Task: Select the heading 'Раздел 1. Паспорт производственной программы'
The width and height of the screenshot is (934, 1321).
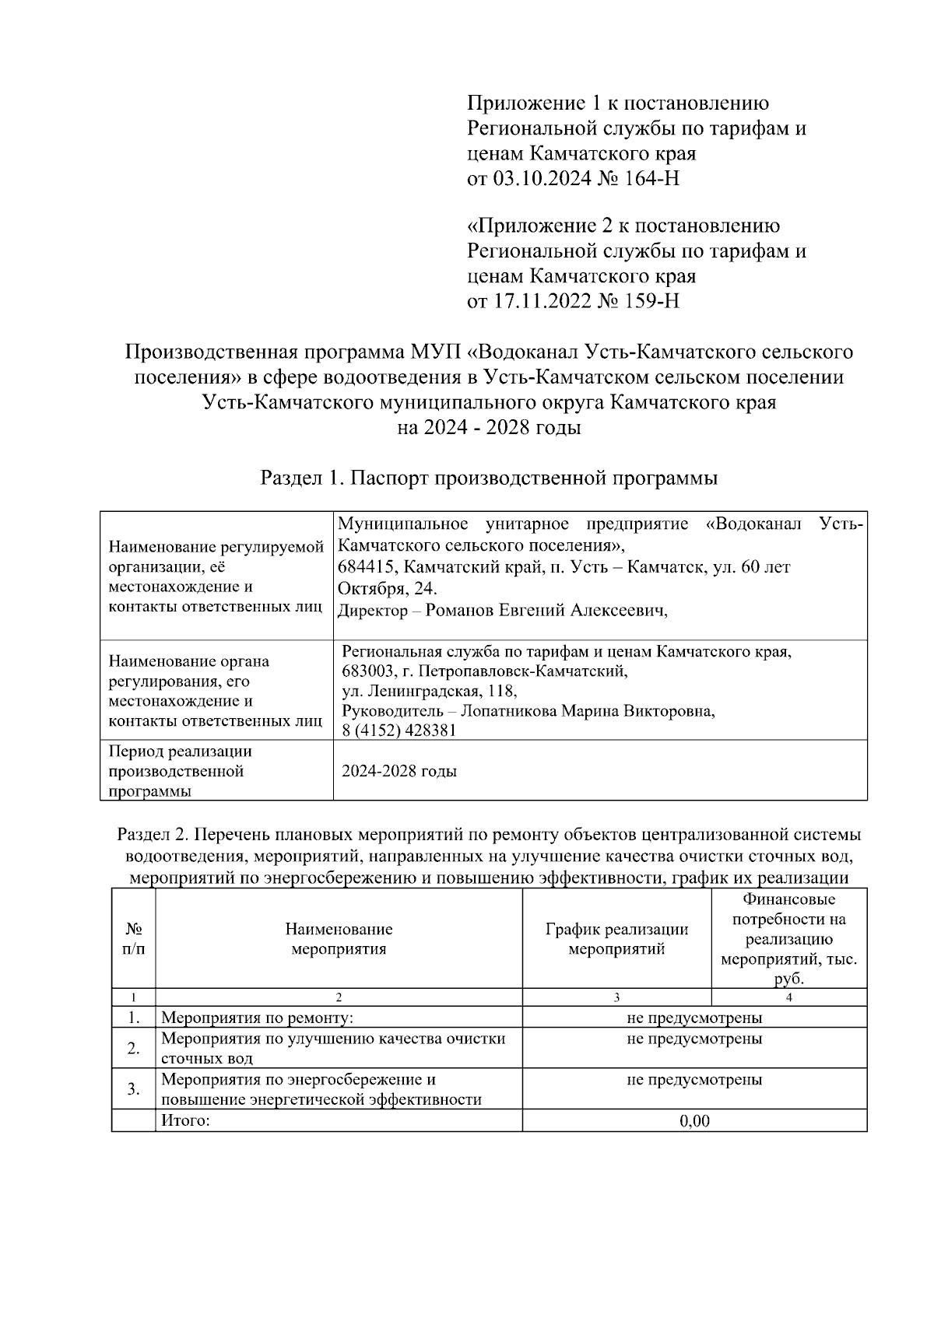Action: point(488,478)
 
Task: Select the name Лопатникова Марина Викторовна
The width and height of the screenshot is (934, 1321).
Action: point(588,710)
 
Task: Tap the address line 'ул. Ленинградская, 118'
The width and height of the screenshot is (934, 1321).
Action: point(429,690)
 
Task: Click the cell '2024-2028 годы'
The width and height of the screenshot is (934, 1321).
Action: point(399,771)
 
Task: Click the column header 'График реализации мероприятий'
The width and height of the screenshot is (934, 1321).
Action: point(616,939)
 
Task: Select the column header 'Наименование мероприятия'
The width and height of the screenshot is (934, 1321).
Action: point(339,939)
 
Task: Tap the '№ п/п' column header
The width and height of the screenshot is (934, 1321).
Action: point(133,939)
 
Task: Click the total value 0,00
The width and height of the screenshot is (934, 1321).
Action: point(694,1121)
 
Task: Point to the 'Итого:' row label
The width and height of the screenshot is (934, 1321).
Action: point(185,1121)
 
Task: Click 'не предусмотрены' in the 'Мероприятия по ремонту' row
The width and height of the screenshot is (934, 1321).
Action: point(694,1018)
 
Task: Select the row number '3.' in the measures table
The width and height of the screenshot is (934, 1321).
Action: point(133,1089)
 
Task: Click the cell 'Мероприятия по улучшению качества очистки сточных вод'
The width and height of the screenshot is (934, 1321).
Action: point(333,1048)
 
